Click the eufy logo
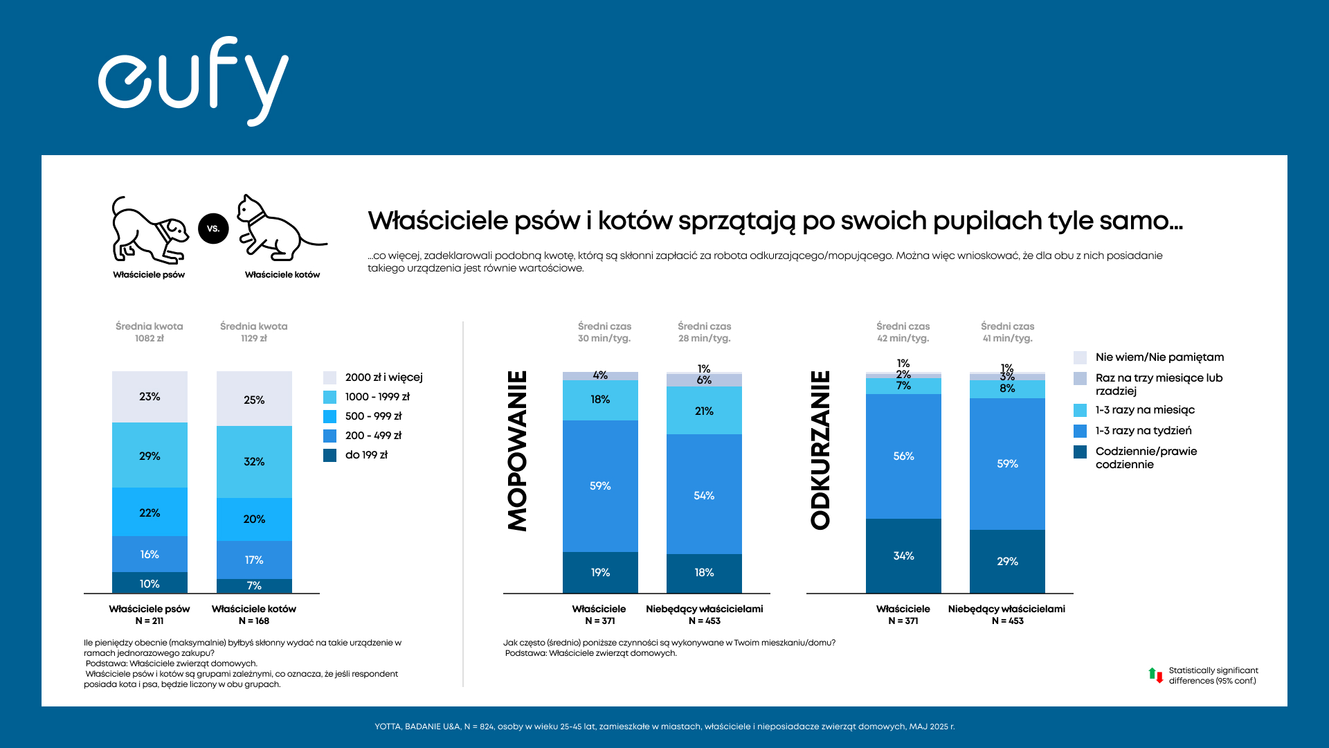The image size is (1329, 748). coord(193,80)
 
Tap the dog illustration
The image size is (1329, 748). coord(150,230)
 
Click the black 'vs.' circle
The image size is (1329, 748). coord(213,229)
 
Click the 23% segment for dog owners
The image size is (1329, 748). coord(150,397)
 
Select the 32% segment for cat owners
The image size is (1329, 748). coord(254,462)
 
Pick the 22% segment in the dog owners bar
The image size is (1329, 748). coord(150,513)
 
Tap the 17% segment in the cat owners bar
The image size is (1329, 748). coord(254,560)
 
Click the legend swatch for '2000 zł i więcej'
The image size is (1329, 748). coord(329,377)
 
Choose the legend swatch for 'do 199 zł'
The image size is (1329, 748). coord(329,455)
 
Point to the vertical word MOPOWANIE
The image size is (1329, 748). coord(518,451)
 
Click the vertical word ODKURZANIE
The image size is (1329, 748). coord(820,451)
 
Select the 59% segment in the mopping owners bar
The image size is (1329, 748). coord(600,486)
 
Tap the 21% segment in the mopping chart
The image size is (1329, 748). coord(704,411)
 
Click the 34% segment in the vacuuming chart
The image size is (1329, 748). coord(903,555)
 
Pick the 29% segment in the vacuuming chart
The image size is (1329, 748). coord(1007,561)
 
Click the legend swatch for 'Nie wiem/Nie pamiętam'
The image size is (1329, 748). coord(1080,357)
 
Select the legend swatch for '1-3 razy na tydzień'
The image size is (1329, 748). coord(1080,431)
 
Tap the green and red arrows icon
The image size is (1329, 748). coord(1155,675)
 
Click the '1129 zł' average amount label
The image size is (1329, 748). coord(253,339)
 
